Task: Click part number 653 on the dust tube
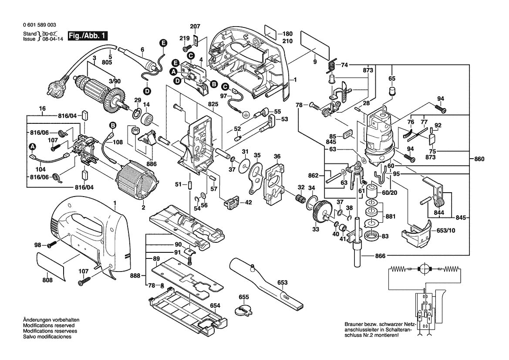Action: coord(282,282)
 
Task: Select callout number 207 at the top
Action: coord(196,27)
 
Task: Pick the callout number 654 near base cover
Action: coord(215,306)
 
